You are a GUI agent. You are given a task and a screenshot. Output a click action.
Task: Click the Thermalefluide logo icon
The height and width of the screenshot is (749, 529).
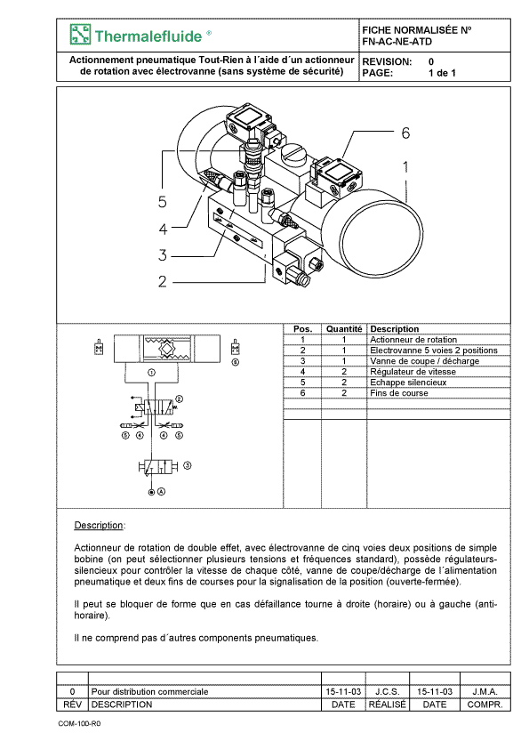coord(80,35)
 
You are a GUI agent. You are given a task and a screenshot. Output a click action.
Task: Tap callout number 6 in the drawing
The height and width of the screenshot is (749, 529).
coord(405,133)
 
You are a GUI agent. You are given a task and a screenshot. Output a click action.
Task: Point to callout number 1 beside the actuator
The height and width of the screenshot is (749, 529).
coord(405,166)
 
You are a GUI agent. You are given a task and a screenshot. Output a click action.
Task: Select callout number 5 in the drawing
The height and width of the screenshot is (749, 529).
coord(163,202)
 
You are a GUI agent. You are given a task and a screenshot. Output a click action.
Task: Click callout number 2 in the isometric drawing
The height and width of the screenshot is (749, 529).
coord(163,281)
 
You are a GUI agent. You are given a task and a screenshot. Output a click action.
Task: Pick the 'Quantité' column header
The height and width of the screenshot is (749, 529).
coord(344,329)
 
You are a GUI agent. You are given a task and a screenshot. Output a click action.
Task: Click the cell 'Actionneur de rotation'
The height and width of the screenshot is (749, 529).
coord(413,340)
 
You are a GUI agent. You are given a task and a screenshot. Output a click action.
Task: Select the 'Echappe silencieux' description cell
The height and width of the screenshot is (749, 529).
coord(408,383)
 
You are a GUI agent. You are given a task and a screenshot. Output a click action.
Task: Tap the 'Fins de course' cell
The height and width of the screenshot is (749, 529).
coord(399,393)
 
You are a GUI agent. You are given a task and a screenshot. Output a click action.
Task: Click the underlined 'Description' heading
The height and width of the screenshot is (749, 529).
coord(99,526)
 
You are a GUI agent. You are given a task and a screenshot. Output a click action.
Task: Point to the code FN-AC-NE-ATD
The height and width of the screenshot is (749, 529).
coord(397,42)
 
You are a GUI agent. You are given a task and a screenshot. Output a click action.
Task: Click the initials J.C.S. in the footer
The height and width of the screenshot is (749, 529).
coord(388,691)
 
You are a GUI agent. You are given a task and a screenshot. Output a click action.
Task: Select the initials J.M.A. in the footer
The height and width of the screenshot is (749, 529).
coord(485,691)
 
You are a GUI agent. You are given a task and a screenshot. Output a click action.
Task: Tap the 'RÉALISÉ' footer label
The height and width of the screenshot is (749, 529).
coord(388,705)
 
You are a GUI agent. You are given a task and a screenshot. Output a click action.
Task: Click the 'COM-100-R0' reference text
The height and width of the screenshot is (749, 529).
coord(79,723)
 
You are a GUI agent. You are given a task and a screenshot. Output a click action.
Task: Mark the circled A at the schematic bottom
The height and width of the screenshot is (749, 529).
coord(162,492)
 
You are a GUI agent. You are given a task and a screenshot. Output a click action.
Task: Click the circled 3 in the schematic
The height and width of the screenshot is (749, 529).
coord(188,465)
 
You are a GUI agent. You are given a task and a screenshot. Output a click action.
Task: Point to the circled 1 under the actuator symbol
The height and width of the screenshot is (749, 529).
coord(151,373)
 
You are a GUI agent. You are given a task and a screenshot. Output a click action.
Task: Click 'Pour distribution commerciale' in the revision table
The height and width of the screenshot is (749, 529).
coord(149,691)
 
